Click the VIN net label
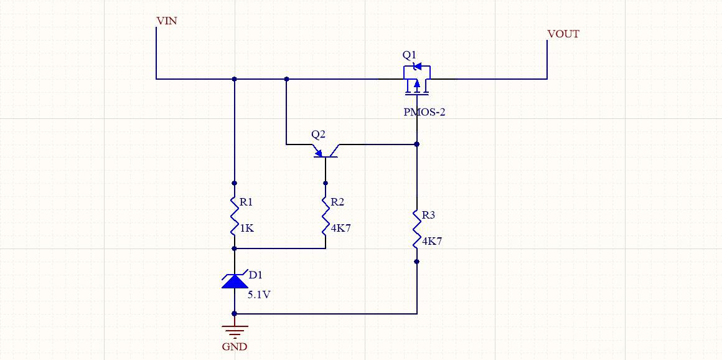[167, 21]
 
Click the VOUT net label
[563, 34]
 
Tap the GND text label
[235, 347]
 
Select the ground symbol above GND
[235, 330]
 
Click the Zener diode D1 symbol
[235, 281]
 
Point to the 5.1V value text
[259, 295]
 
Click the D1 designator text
[255, 275]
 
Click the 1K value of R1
[246, 229]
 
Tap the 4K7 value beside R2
[340, 229]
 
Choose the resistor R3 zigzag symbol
[417, 229]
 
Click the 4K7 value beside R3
[432, 242]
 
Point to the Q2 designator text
[318, 135]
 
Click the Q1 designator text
[409, 55]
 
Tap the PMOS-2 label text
[424, 113]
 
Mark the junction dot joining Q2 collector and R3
[417, 144]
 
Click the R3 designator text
[428, 216]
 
